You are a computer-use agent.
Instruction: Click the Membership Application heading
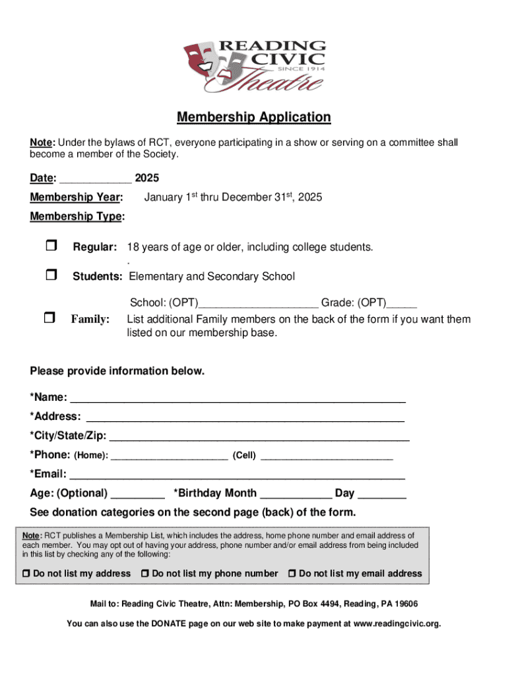click(253, 117)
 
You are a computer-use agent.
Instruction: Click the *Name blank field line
click(238, 398)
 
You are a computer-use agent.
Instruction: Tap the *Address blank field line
click(245, 417)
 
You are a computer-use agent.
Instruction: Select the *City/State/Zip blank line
click(259, 436)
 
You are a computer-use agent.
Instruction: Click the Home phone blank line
click(170, 455)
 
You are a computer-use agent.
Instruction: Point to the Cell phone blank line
click(327, 455)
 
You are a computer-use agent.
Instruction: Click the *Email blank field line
click(238, 475)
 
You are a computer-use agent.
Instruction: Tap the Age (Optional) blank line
click(138, 494)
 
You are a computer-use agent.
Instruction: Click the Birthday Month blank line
click(296, 494)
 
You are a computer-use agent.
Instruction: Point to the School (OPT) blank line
click(259, 303)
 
